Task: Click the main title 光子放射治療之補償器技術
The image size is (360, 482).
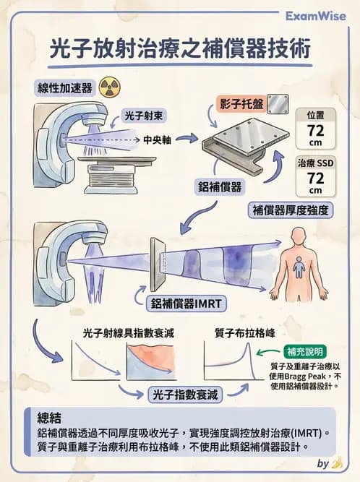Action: pyautogui.click(x=180, y=49)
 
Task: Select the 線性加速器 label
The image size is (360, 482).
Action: pyautogui.click(x=65, y=88)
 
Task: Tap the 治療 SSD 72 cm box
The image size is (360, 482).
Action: pyautogui.click(x=316, y=176)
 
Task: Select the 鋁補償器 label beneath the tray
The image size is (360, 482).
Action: pyautogui.click(x=220, y=186)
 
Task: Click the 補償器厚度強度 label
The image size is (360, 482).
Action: pyautogui.click(x=291, y=210)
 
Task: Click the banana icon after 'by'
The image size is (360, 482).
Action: pyautogui.click(x=336, y=464)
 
